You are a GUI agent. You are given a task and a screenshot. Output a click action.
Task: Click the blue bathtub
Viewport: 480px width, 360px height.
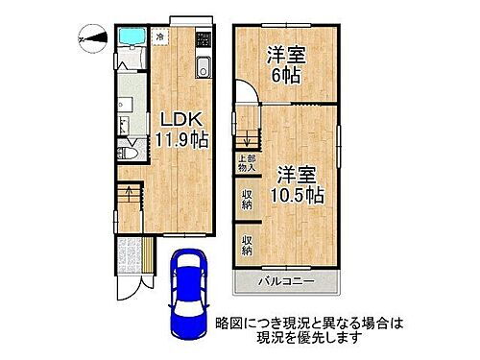pyautogui.click(x=129, y=39)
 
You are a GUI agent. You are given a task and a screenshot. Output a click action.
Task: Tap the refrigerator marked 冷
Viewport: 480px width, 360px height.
pyautogui.click(x=161, y=37)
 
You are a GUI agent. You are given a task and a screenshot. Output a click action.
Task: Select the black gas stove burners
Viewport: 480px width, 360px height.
pyautogui.click(x=203, y=43)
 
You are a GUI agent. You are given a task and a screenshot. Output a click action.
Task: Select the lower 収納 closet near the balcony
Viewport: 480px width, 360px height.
pyautogui.click(x=246, y=245)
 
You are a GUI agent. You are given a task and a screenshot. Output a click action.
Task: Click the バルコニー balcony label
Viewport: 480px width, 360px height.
pyautogui.click(x=284, y=282)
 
